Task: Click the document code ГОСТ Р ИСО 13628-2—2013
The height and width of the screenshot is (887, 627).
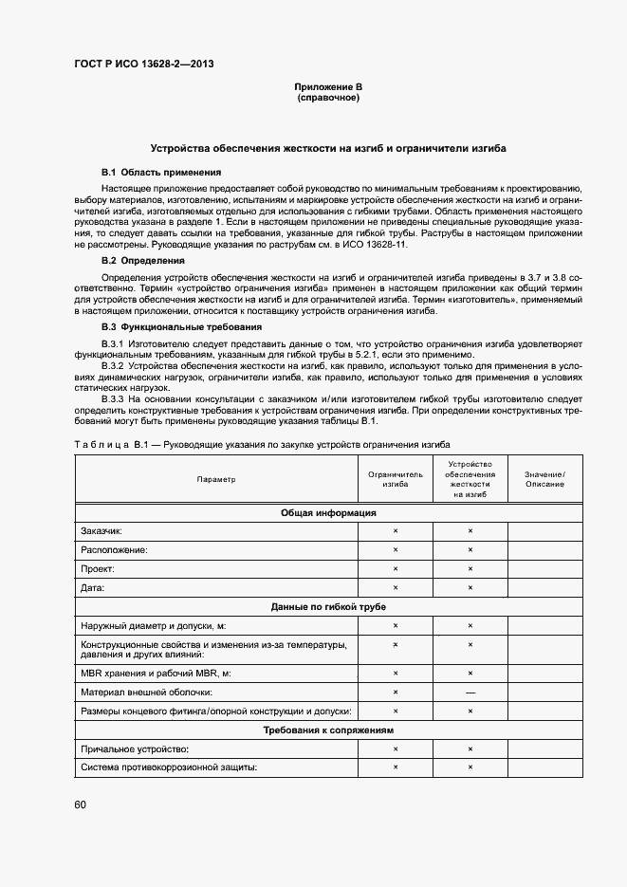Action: click(x=143, y=64)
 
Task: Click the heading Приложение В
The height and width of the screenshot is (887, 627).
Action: click(x=328, y=87)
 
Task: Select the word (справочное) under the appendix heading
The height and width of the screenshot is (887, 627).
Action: click(x=328, y=97)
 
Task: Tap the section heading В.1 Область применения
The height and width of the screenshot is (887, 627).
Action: click(x=161, y=173)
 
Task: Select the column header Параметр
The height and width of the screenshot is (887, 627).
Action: click(x=216, y=480)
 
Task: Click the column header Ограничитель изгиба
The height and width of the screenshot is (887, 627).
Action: click(x=396, y=479)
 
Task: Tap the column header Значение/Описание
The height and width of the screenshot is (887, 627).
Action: click(x=544, y=479)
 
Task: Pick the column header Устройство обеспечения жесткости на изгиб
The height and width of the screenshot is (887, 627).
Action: click(x=470, y=479)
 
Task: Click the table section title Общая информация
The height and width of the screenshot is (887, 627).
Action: click(x=328, y=512)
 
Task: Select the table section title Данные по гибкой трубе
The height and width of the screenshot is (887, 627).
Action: click(x=328, y=606)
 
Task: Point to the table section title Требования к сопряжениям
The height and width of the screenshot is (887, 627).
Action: click(x=328, y=730)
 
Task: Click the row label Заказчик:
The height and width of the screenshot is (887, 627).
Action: click(x=101, y=531)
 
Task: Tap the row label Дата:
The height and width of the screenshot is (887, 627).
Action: click(x=93, y=587)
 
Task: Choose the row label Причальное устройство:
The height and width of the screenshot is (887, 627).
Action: click(x=136, y=749)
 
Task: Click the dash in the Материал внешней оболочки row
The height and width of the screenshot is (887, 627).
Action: click(x=470, y=692)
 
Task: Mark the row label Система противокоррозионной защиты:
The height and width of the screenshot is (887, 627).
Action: click(x=170, y=767)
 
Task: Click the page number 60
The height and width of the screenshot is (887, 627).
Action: click(x=80, y=804)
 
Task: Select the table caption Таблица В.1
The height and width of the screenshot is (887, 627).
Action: click(x=108, y=444)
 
